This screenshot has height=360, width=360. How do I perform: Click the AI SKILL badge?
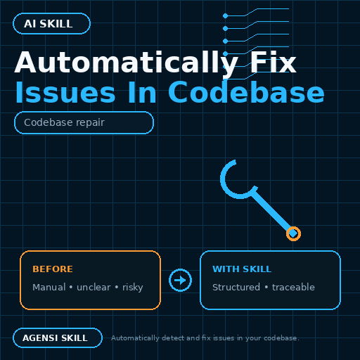pos(51,24)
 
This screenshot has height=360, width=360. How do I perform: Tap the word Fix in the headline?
pos(274,63)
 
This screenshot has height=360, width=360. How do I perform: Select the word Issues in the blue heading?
pos(65,92)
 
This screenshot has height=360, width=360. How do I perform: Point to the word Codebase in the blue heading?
pos(246,91)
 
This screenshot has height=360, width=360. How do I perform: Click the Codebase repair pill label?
pos(84,122)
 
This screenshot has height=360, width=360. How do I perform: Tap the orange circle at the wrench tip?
pos(293,233)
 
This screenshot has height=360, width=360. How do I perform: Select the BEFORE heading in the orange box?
pos(53,269)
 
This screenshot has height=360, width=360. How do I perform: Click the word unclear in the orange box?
pos(94,288)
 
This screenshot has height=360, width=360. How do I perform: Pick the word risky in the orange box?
pos(133,288)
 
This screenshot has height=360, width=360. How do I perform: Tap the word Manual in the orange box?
pos(49,288)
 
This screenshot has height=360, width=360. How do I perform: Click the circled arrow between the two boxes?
pos(180,281)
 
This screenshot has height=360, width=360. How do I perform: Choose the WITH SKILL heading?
pos(242,269)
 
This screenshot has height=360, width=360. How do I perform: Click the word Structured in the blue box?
pos(236,288)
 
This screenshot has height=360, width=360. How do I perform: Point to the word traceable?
pos(293,288)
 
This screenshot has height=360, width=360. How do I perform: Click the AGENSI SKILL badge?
pos(58,338)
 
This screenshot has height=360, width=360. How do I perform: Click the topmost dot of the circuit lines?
pos(226,16)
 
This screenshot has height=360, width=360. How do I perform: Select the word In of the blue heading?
pos(142,92)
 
